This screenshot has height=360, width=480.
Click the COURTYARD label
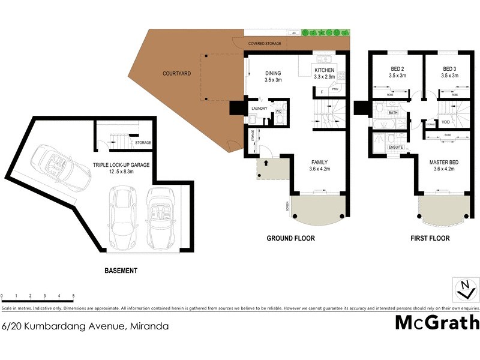pos(176,74)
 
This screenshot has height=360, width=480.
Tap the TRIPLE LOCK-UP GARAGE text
pos(121,164)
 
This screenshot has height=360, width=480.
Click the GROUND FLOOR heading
pos(290,238)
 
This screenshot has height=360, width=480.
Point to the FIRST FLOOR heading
pos(430,238)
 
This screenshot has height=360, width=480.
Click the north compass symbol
pos(464,289)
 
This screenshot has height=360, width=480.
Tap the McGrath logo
pos(437,322)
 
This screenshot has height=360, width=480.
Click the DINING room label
pos(273,74)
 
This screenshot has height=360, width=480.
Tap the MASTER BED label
pos(444,162)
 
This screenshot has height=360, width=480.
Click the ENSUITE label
pos(395,147)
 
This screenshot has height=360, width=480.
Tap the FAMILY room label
pos(319,162)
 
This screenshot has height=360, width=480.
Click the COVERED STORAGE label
pos(265,44)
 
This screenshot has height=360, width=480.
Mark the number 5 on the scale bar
pos(73,296)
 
